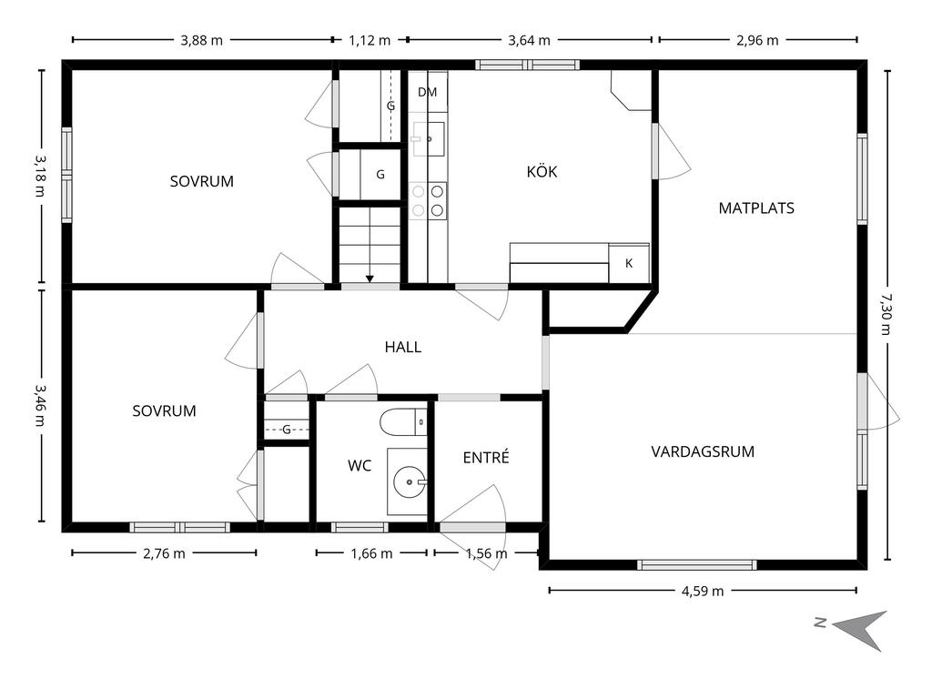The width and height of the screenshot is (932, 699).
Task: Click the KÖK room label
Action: coord(542,172)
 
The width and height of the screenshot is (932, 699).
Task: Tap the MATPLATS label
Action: coord(756,208)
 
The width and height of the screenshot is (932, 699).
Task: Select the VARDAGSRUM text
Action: coord(703,451)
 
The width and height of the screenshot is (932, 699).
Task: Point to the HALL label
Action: coord(403,347)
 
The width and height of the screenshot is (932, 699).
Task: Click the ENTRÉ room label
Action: coord(486,457)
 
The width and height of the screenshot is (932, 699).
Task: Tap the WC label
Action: coord(360,466)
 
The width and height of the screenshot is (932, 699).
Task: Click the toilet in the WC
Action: coord(403,422)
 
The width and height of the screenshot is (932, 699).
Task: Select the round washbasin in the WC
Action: coord(410,481)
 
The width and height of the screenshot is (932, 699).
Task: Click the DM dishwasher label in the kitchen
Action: coord(428,92)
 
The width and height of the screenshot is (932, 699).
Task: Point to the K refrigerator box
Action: coord(629,263)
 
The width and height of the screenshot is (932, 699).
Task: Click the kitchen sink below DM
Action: coord(429,139)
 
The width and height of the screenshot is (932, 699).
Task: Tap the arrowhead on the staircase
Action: coord(370,279)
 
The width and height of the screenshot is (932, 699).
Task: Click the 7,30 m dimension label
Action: coord(886,314)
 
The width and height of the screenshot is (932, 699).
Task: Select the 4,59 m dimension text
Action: coord(703,591)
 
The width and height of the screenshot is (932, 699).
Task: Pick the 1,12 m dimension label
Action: coord(370,40)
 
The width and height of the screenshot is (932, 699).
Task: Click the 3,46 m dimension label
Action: coord(39,405)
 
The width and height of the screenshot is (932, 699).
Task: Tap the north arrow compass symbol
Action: coord(859,629)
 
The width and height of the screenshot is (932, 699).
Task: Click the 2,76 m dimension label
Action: coord(164,553)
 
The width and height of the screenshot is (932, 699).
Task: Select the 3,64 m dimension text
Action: coord(529,40)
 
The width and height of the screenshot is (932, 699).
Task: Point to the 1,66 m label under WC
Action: coord(371,553)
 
